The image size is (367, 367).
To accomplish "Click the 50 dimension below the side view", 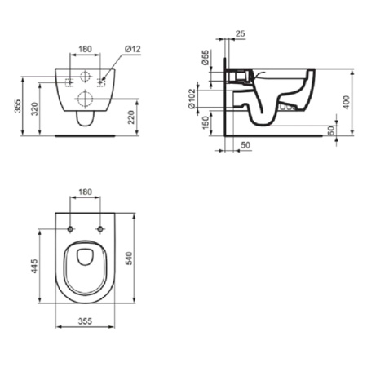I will click(245, 145).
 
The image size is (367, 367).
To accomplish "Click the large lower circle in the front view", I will click(85, 99).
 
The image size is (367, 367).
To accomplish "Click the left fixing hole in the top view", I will click(72, 227).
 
